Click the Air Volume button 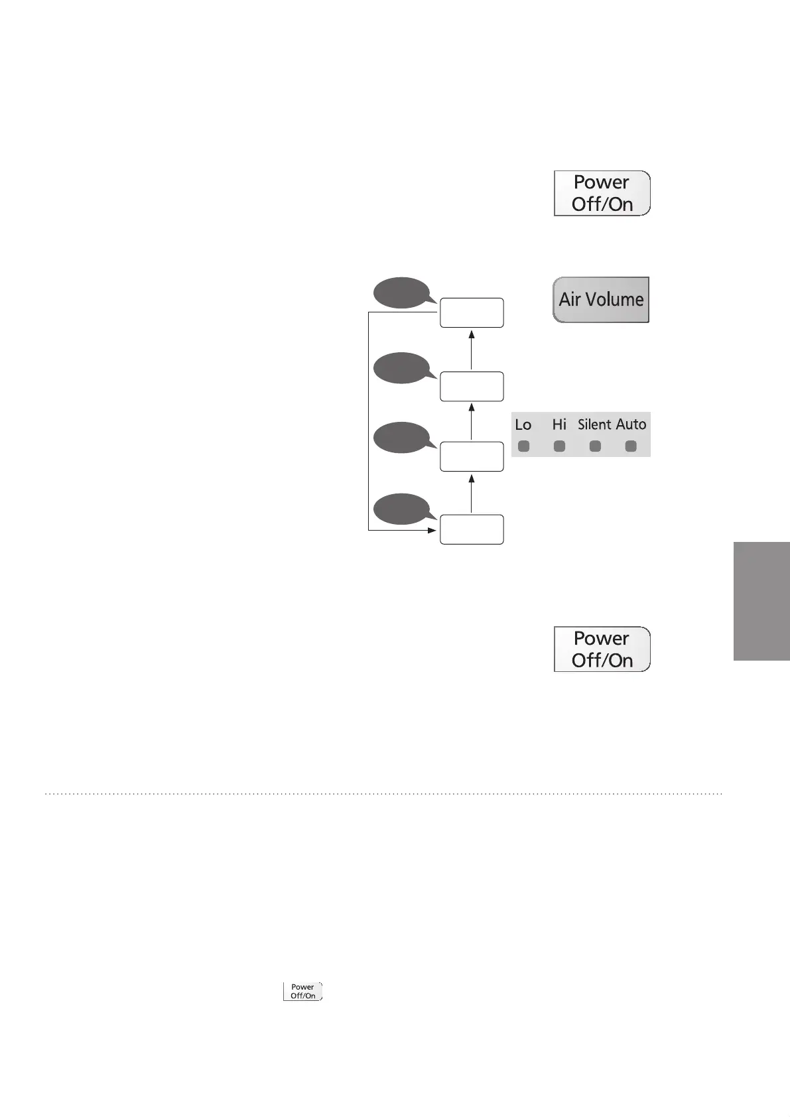click(601, 300)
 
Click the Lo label click(523, 425)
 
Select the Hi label click(559, 424)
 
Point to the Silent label click(594, 425)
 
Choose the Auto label click(631, 424)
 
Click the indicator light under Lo click(524, 446)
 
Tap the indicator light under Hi click(559, 446)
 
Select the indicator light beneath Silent click(595, 446)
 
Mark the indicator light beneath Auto click(631, 446)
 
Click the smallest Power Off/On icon click(302, 991)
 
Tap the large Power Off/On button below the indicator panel click(602, 649)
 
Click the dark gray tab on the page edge click(761, 601)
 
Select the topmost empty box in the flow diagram click(472, 312)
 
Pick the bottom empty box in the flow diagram click(472, 529)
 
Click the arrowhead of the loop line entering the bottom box click(432, 531)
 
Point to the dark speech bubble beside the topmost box click(400, 293)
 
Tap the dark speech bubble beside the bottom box click(400, 509)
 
